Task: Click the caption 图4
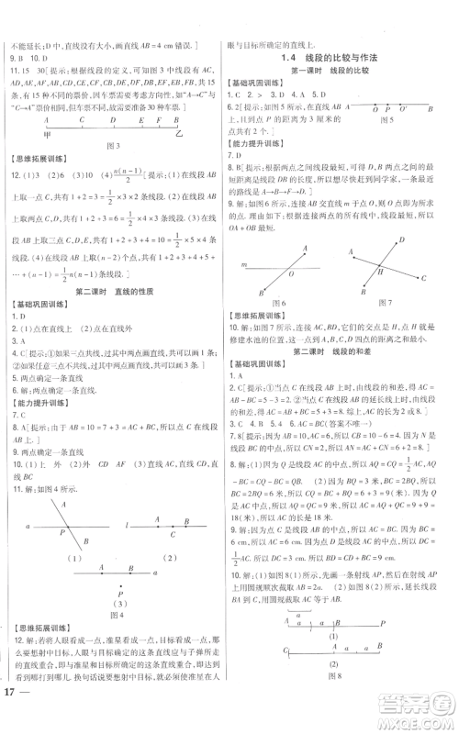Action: pos(114,639)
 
